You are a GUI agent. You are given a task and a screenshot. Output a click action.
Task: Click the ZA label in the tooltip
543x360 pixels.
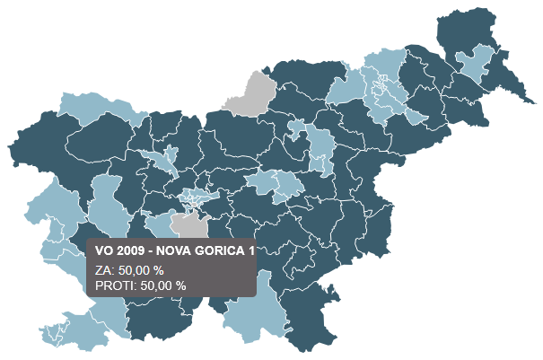point(101,269)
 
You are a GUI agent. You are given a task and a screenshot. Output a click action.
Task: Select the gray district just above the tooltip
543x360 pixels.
point(188,225)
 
